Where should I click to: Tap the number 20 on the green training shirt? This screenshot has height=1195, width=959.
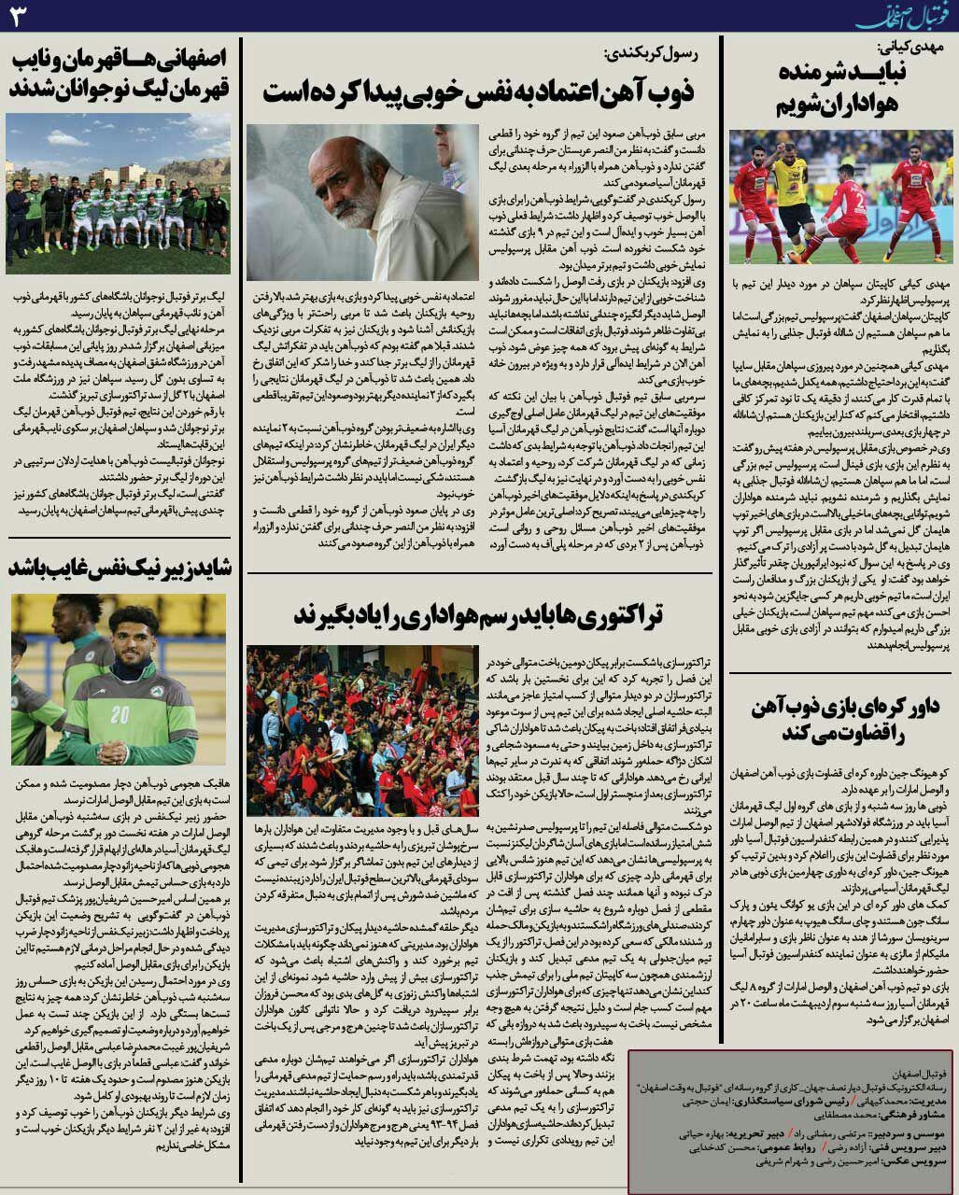(120, 714)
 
